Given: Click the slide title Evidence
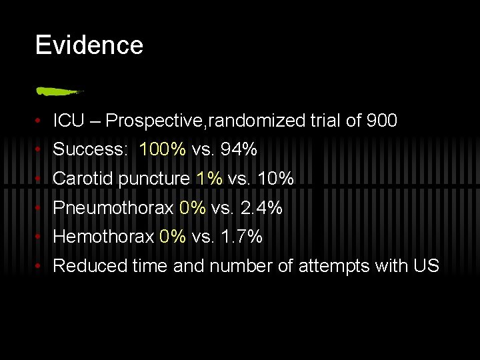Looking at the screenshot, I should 89,45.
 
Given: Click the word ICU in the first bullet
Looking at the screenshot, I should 69,121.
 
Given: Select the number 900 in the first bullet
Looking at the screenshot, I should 381,121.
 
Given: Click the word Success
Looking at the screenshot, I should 89,149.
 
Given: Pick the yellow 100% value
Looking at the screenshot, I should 163,149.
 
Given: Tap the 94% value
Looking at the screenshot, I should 239,149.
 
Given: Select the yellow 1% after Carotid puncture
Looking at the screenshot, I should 209,179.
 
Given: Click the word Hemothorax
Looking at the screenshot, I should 103,237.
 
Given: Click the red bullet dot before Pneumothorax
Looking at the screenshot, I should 41,209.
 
